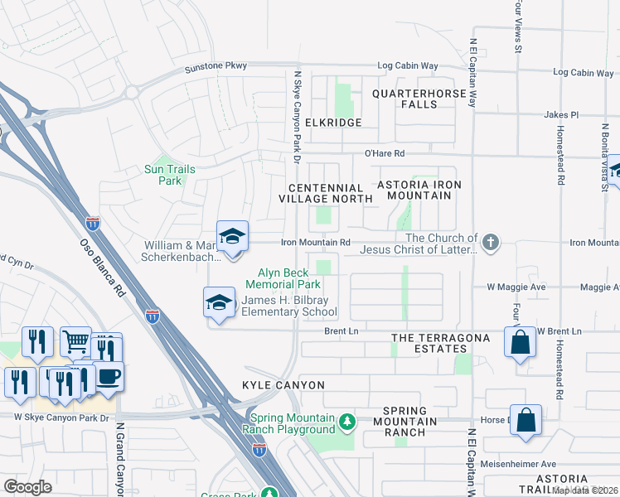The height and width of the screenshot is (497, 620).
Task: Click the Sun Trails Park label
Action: pos(164,175)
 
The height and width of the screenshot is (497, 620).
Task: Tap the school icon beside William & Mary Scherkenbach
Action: pos(233,236)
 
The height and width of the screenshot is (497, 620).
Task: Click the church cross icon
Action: pos(491,243)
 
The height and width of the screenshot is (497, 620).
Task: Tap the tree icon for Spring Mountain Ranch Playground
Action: pos(346,422)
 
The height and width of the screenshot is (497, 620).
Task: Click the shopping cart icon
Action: pos(75,340)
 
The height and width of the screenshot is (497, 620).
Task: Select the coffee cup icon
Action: pos(108,376)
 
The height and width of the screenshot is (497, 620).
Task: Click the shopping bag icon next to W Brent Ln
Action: pos(520,342)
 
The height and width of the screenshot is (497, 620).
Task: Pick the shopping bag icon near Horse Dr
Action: pos(526,419)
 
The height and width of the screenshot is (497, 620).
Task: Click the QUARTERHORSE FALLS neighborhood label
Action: pos(419,99)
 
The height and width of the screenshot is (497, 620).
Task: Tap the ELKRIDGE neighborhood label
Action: pos(334,123)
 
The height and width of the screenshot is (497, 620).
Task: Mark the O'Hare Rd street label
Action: pos(385,153)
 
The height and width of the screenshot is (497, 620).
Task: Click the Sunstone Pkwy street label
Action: pos(216,66)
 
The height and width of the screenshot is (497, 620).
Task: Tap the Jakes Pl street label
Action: pos(560,114)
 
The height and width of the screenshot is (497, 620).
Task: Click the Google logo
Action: pos(28,487)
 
